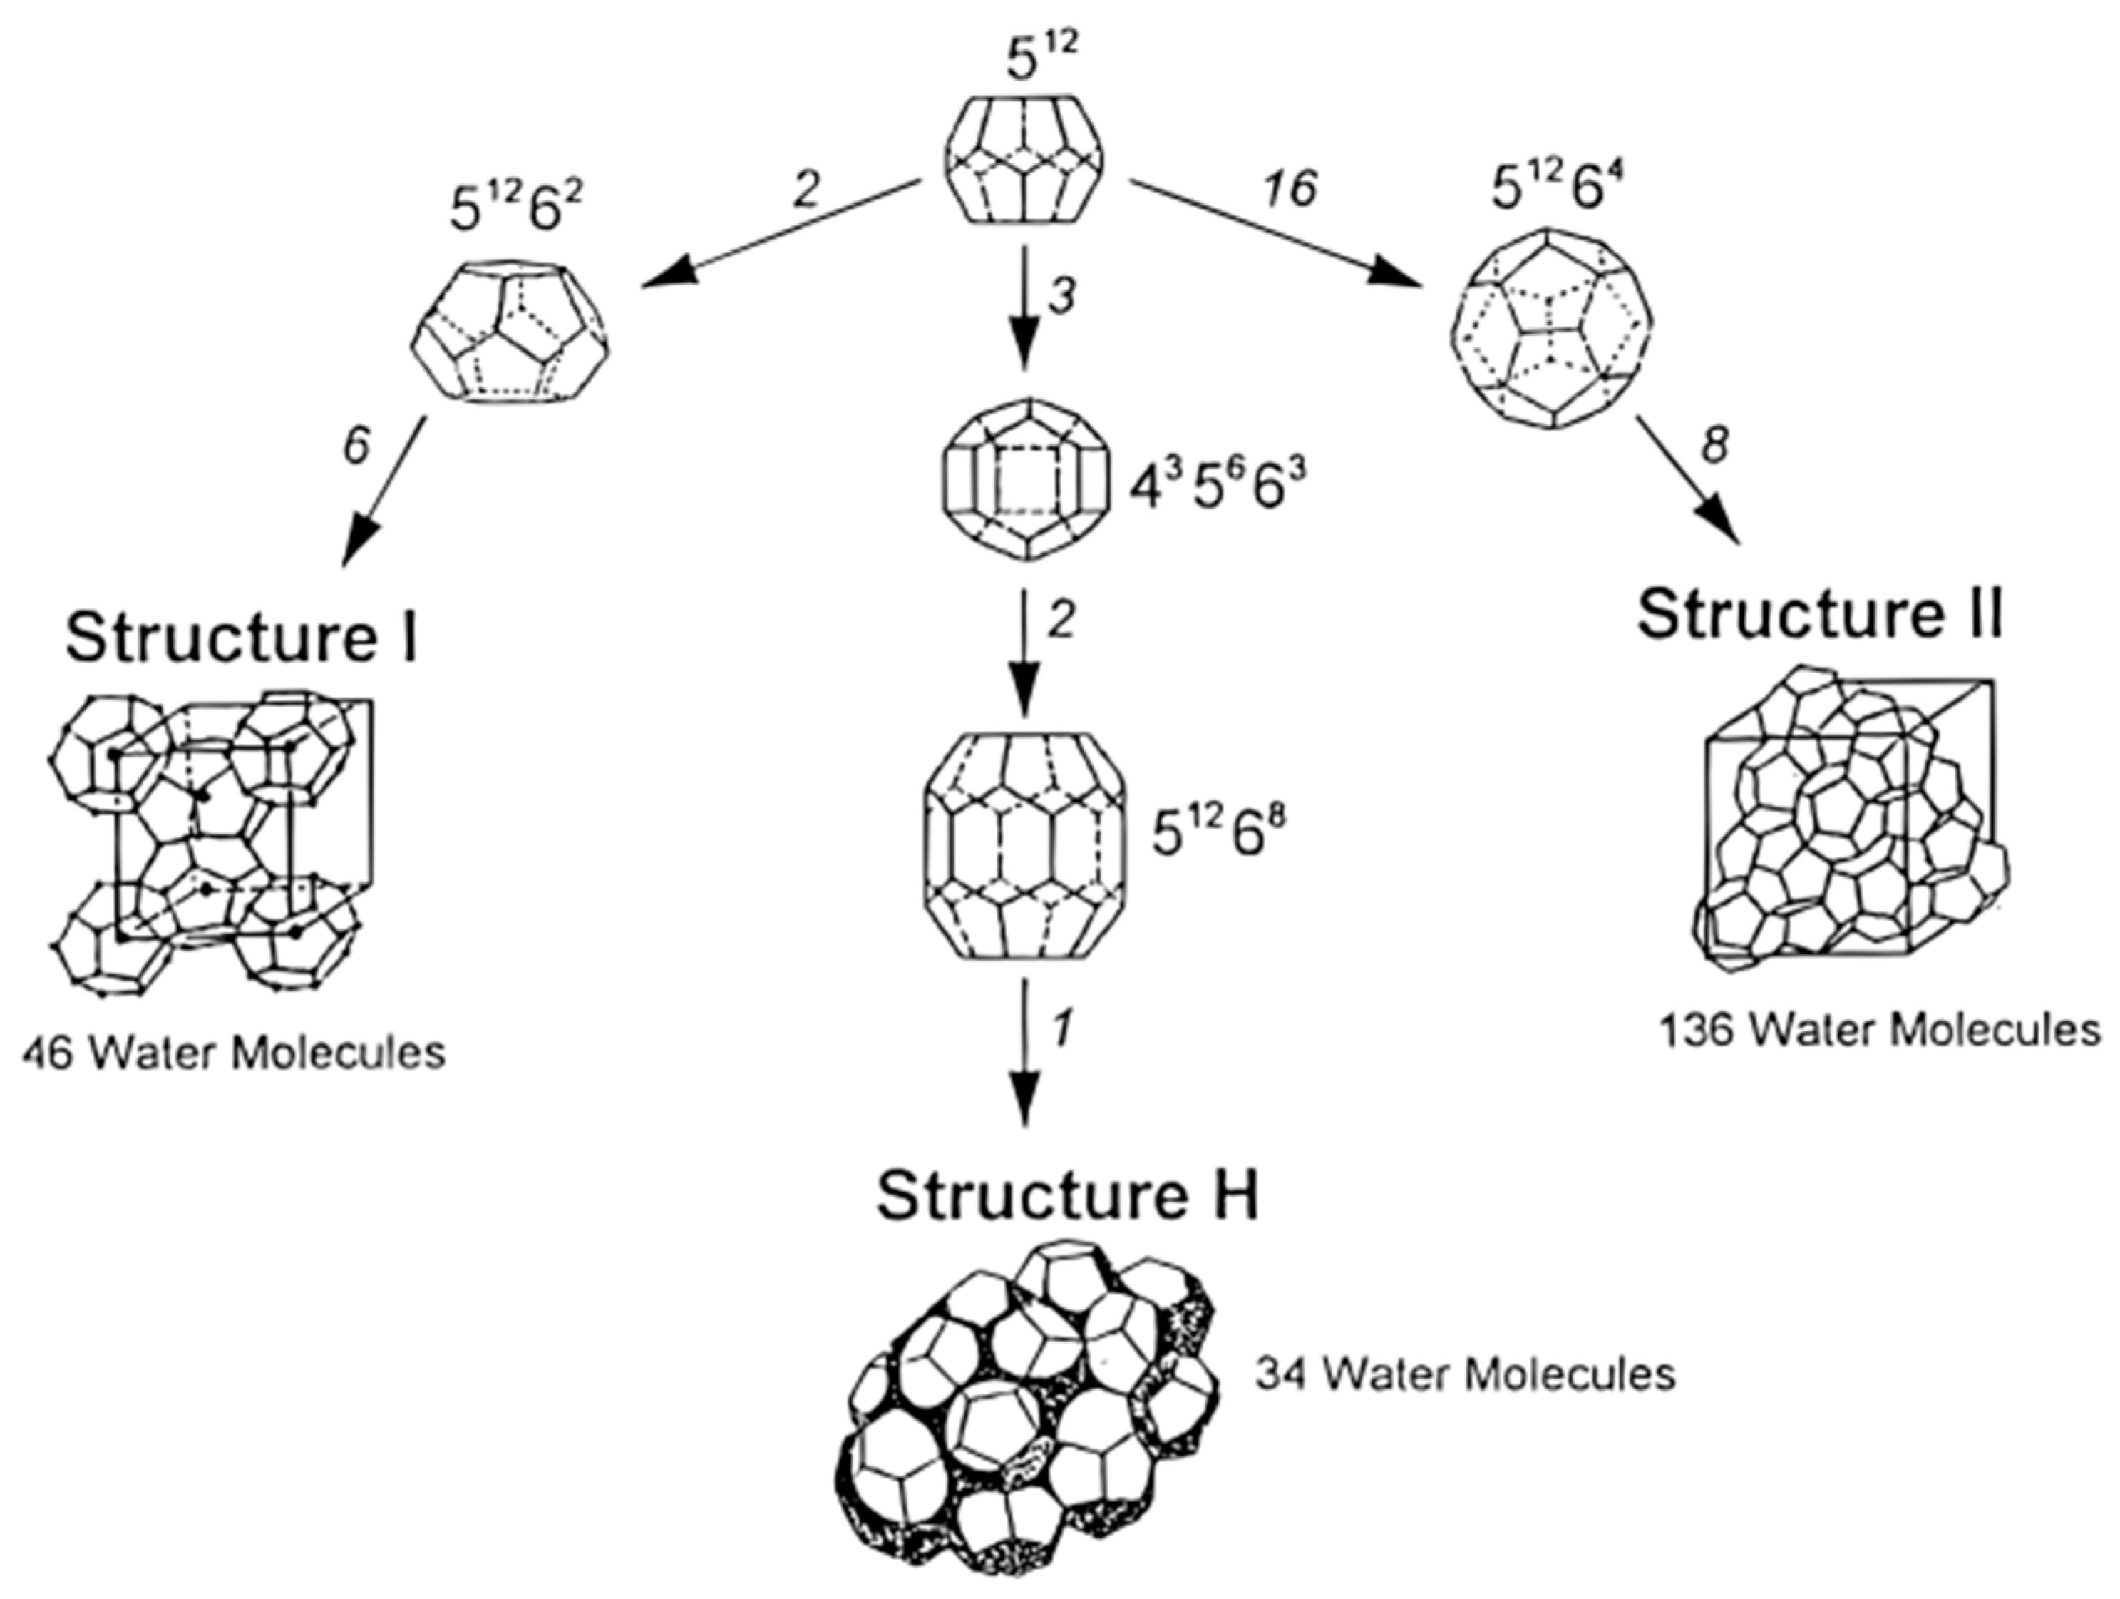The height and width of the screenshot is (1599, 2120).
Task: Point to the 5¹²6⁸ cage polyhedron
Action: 1024,846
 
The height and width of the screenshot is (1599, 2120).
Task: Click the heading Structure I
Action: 242,638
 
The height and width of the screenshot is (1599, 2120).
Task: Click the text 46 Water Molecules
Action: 234,1053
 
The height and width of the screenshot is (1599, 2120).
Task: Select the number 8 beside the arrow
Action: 1713,446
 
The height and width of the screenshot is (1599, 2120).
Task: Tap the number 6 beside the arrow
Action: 356,446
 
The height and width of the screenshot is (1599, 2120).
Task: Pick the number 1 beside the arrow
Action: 1061,1028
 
